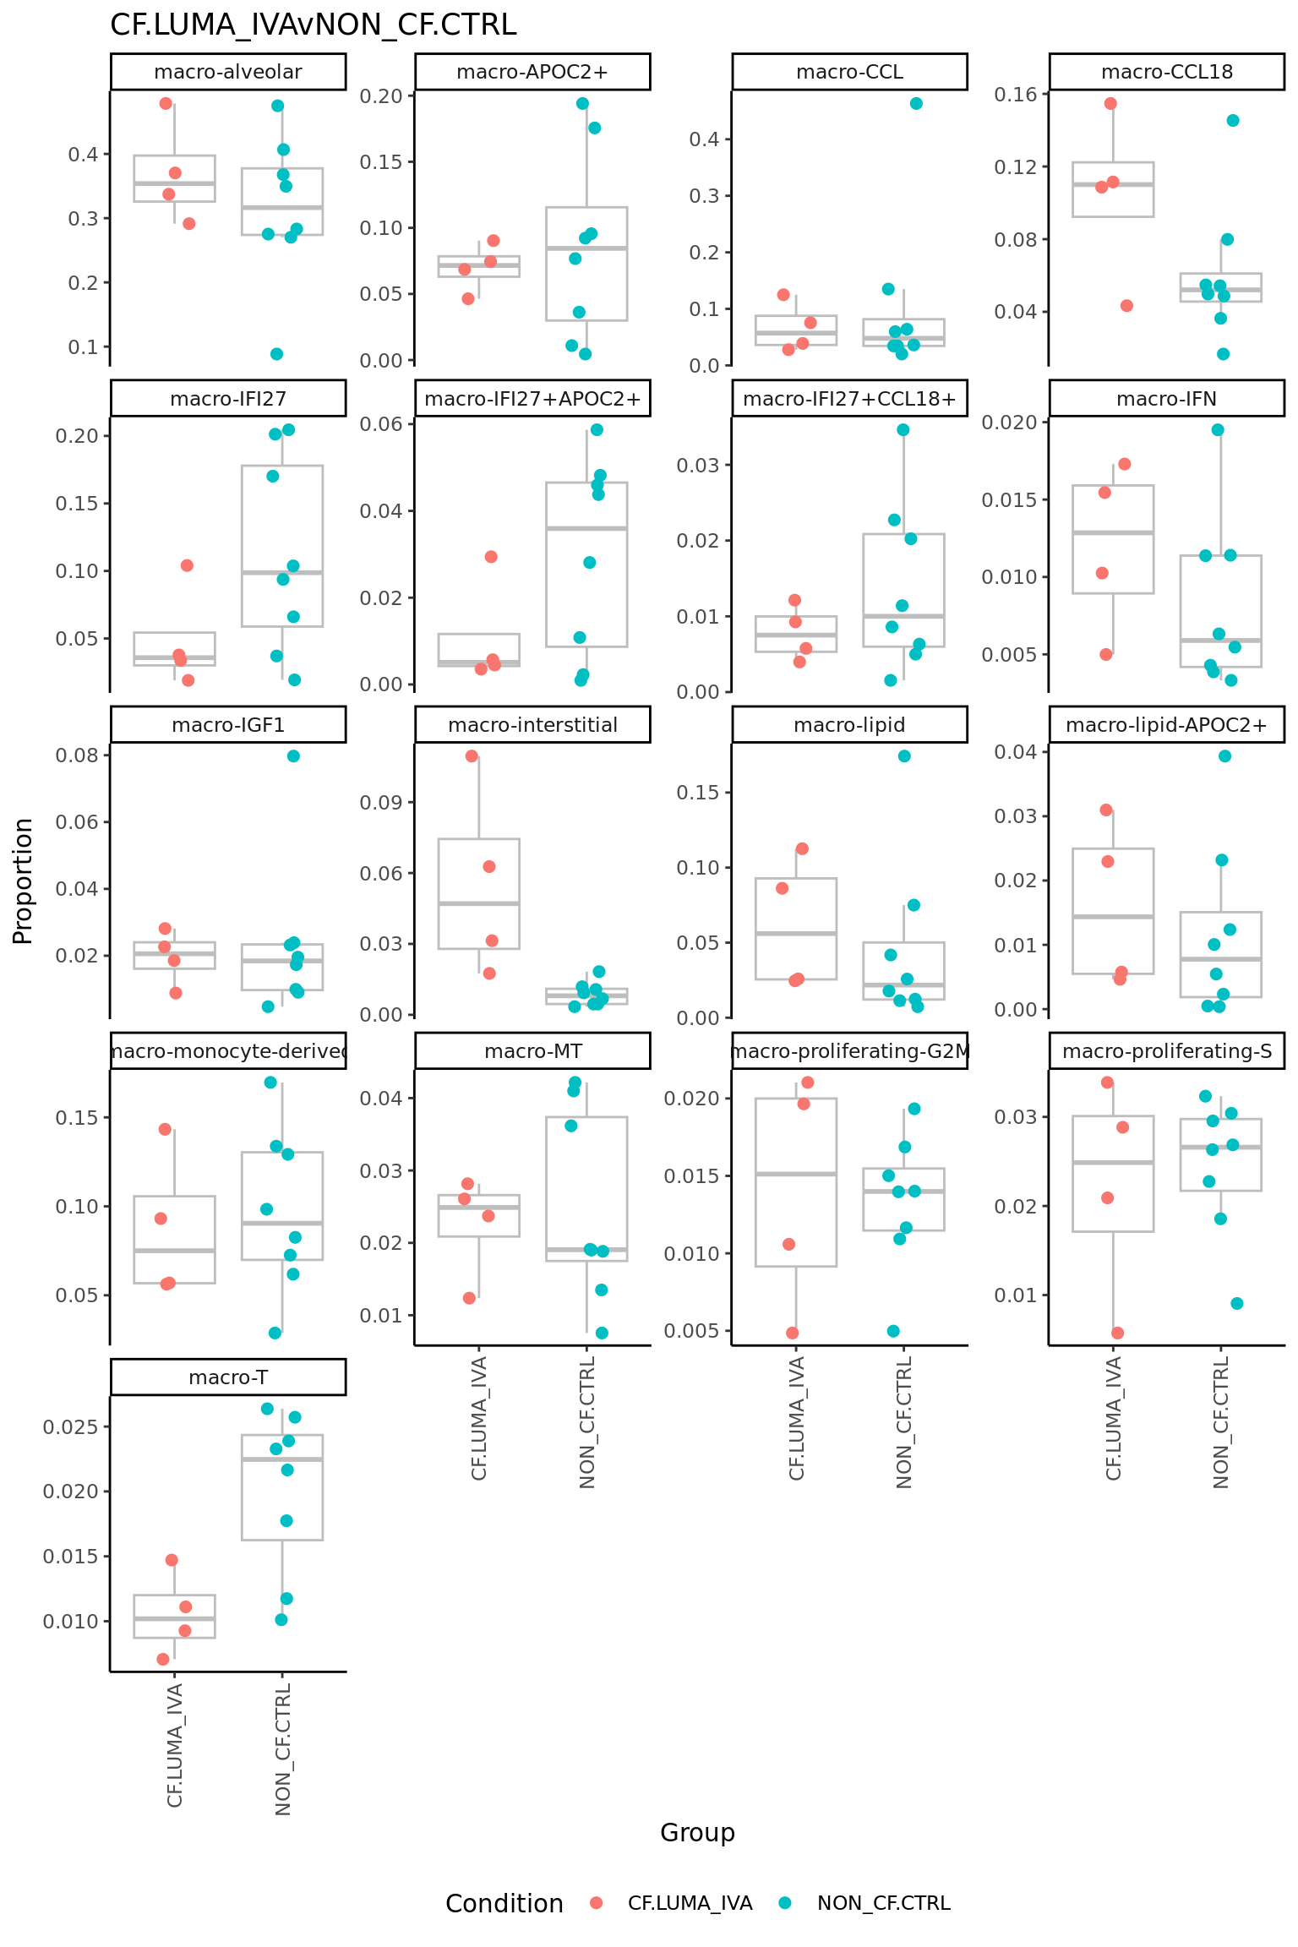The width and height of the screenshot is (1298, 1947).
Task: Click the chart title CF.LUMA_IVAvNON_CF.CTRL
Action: [x=313, y=25]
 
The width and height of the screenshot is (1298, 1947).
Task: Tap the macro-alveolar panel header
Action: [x=228, y=72]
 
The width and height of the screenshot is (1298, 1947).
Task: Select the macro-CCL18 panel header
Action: [x=1166, y=72]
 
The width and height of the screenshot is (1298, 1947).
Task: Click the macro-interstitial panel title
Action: [x=532, y=725]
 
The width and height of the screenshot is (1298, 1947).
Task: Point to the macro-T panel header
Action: [x=228, y=1377]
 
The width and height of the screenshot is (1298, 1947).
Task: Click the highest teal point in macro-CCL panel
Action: [x=916, y=104]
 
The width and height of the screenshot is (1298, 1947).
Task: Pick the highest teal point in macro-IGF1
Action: [x=293, y=756]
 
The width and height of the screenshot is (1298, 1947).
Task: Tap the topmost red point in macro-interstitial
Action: [x=472, y=756]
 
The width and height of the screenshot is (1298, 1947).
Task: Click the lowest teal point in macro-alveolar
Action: [x=276, y=354]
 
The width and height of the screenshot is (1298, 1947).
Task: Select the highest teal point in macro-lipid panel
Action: [x=904, y=756]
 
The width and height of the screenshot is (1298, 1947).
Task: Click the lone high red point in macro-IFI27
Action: [x=187, y=565]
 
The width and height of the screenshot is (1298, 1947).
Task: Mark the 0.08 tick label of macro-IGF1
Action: [x=77, y=755]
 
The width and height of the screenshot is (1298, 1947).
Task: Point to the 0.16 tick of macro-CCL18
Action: [x=1015, y=95]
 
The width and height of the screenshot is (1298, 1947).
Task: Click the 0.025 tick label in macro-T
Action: [x=71, y=1427]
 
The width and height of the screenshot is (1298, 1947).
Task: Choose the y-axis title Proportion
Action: [x=24, y=881]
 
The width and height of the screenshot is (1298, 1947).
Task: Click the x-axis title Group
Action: [x=697, y=1832]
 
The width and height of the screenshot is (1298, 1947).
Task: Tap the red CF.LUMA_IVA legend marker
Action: [x=597, y=1903]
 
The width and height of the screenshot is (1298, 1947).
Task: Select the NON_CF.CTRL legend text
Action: [x=883, y=1903]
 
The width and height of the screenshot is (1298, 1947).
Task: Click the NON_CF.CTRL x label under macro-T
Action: [x=283, y=1749]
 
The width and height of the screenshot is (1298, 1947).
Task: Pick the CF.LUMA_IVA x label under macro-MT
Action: [x=479, y=1418]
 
